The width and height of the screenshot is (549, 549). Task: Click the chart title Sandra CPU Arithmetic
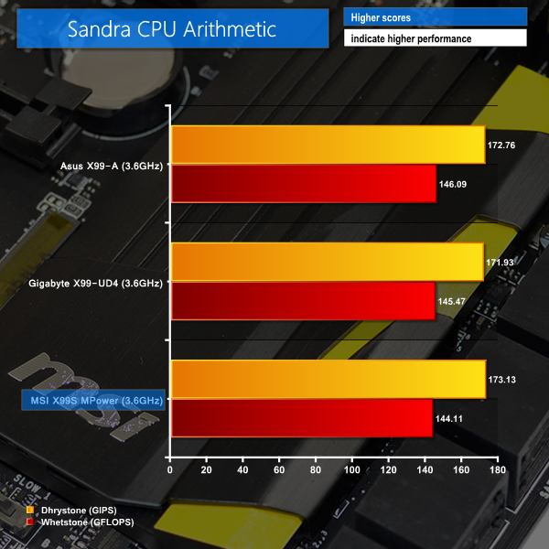click(172, 28)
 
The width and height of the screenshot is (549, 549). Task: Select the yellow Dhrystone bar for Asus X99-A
click(328, 145)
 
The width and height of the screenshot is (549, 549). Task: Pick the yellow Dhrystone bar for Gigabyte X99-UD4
click(327, 262)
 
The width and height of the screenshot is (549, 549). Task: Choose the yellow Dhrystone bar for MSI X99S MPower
click(328, 379)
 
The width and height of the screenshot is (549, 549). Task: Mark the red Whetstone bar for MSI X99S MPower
click(301, 418)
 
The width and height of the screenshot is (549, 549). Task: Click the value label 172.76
click(504, 145)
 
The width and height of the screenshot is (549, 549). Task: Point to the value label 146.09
click(455, 185)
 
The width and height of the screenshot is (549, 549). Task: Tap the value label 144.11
click(451, 419)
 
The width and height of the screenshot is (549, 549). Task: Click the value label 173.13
click(504, 379)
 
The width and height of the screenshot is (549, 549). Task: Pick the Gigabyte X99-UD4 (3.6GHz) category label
click(94, 283)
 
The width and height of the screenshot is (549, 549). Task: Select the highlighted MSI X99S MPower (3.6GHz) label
click(93, 400)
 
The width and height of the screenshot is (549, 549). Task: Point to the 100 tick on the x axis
click(351, 470)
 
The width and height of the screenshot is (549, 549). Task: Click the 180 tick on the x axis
click(497, 470)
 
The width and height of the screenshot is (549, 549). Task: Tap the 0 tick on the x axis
click(170, 470)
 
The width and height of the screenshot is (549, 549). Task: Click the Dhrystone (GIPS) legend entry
click(77, 509)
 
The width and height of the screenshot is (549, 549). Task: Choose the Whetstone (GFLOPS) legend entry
click(83, 520)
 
